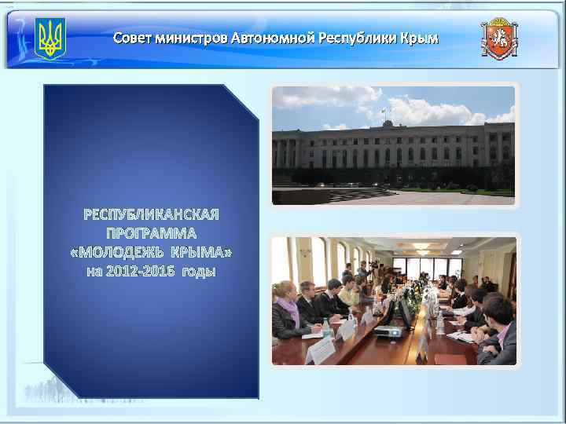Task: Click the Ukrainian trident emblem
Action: click(50, 38)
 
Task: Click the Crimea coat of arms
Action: click(500, 38)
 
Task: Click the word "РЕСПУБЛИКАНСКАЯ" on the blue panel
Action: click(151, 214)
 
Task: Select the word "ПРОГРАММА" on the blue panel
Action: click(151, 233)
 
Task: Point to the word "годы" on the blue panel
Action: click(199, 272)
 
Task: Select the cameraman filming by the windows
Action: click(363, 269)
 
